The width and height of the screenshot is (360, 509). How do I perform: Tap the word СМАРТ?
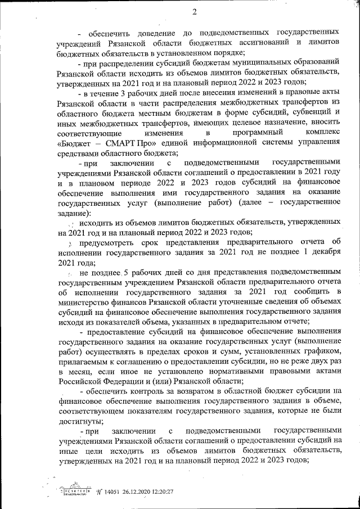pyautogui.click(x=121, y=142)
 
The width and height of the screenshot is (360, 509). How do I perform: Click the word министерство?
pyautogui.click(x=85, y=304)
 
